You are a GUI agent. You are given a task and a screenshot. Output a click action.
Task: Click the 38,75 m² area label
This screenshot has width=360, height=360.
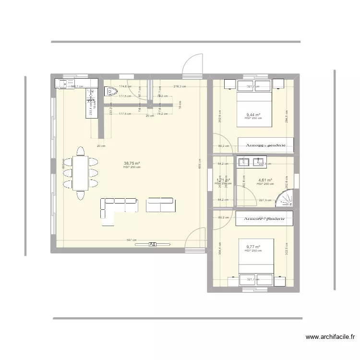pos(132,163)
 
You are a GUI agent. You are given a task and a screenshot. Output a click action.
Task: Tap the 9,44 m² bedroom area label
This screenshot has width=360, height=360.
pos(253,115)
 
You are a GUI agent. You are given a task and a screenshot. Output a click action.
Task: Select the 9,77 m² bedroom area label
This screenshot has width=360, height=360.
pos(253,247)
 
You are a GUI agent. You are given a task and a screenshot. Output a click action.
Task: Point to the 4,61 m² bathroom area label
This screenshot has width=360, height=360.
pos(265,180)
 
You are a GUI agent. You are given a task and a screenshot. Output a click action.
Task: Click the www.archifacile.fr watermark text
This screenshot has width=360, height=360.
pos(328,337)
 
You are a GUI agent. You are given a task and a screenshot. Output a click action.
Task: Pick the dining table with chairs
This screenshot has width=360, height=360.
pos(80,173)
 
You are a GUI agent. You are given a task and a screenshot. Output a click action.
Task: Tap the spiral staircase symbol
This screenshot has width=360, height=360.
pos(285,197)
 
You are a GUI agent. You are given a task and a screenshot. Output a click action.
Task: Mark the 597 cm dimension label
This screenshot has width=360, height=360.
pos(132,240)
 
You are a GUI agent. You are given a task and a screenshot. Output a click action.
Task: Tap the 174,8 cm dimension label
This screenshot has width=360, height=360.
pos(125,87)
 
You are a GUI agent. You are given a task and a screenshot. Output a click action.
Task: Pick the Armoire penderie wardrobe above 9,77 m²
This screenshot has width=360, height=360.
pos(264,217)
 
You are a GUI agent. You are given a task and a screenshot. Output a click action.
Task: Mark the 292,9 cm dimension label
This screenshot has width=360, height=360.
pos(220,115)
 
